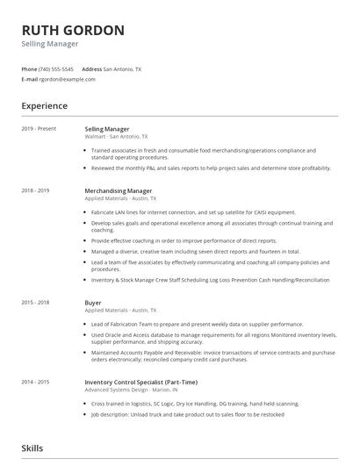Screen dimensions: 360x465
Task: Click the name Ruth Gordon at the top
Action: (x=73, y=30)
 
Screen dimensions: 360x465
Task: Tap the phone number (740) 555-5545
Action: (x=57, y=68)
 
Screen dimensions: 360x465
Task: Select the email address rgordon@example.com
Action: (x=68, y=79)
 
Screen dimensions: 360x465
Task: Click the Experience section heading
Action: (x=45, y=106)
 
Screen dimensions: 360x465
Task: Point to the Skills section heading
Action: (x=32, y=448)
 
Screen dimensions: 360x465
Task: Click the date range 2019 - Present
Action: (x=39, y=129)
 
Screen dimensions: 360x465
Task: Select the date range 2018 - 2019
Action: (x=35, y=190)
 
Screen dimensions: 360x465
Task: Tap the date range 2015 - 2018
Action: (x=35, y=303)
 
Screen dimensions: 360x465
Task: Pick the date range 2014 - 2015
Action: (x=35, y=382)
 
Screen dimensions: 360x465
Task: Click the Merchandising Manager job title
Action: (x=119, y=190)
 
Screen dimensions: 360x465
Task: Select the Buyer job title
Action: (x=93, y=303)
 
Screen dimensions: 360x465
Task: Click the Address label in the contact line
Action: (x=91, y=68)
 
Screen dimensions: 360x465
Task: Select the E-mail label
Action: (x=30, y=79)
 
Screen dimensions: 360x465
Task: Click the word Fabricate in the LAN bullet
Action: (x=104, y=213)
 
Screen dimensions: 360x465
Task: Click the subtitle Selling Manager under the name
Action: (x=50, y=44)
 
